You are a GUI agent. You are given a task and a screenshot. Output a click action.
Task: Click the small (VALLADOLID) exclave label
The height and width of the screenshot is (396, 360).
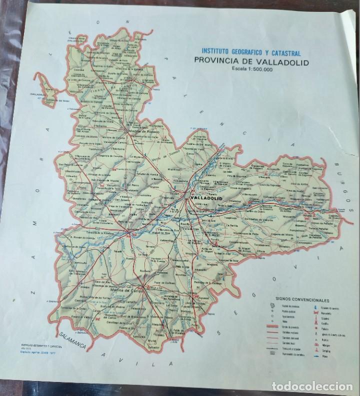pyautogui.click(x=38, y=93)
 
